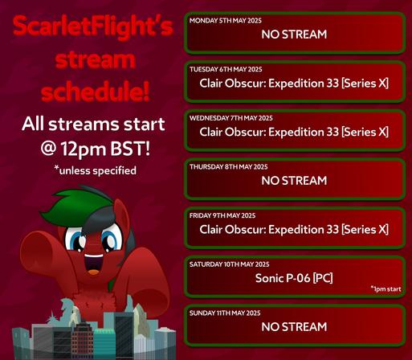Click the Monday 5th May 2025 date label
(x=226, y=21)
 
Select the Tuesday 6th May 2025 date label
(x=226, y=69)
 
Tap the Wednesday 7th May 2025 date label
(x=231, y=118)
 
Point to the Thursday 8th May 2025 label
(x=229, y=167)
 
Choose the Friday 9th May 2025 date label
(x=222, y=215)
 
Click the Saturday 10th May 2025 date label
(x=230, y=264)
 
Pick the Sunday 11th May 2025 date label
(x=225, y=313)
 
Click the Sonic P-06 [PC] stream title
(x=294, y=278)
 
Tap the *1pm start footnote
(x=385, y=289)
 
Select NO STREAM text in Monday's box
(x=294, y=35)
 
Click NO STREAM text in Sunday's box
(x=294, y=327)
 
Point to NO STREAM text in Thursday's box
(x=294, y=181)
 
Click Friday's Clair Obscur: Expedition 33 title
(x=294, y=230)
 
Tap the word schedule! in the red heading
(x=96, y=91)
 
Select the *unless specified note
(x=95, y=170)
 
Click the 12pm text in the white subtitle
(x=84, y=149)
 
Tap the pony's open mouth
(x=94, y=264)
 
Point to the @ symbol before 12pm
(x=48, y=149)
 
